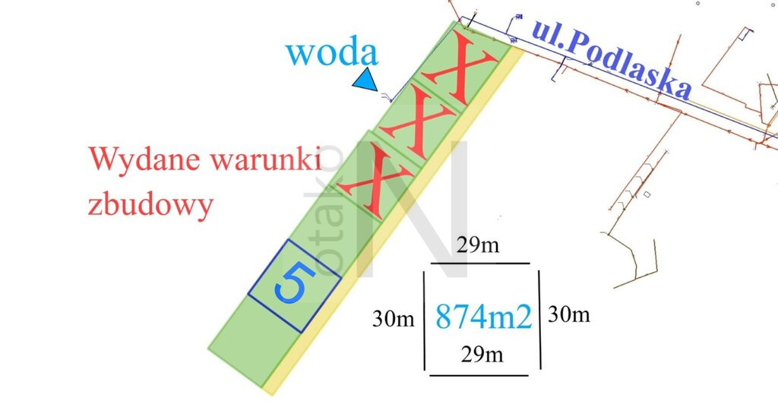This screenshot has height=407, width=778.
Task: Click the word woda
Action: coord(332,52)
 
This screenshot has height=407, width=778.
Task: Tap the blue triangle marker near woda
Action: coord(367,80)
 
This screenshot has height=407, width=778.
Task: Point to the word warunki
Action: coord(265,159)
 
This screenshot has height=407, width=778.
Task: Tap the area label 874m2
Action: coord(483,317)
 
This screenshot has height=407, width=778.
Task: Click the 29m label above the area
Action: coord(478,245)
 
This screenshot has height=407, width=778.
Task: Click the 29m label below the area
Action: coord(482,354)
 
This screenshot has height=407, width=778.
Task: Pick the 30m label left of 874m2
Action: coord(393,318)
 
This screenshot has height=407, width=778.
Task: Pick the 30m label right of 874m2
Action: coord(568,314)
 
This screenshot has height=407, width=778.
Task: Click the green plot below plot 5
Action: coord(254,342)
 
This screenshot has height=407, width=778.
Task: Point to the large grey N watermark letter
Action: coord(413,208)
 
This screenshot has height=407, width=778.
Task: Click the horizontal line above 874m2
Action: coord(480,263)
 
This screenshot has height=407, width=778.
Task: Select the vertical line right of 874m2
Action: coord(539,319)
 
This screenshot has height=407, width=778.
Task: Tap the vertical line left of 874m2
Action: coord(425,320)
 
